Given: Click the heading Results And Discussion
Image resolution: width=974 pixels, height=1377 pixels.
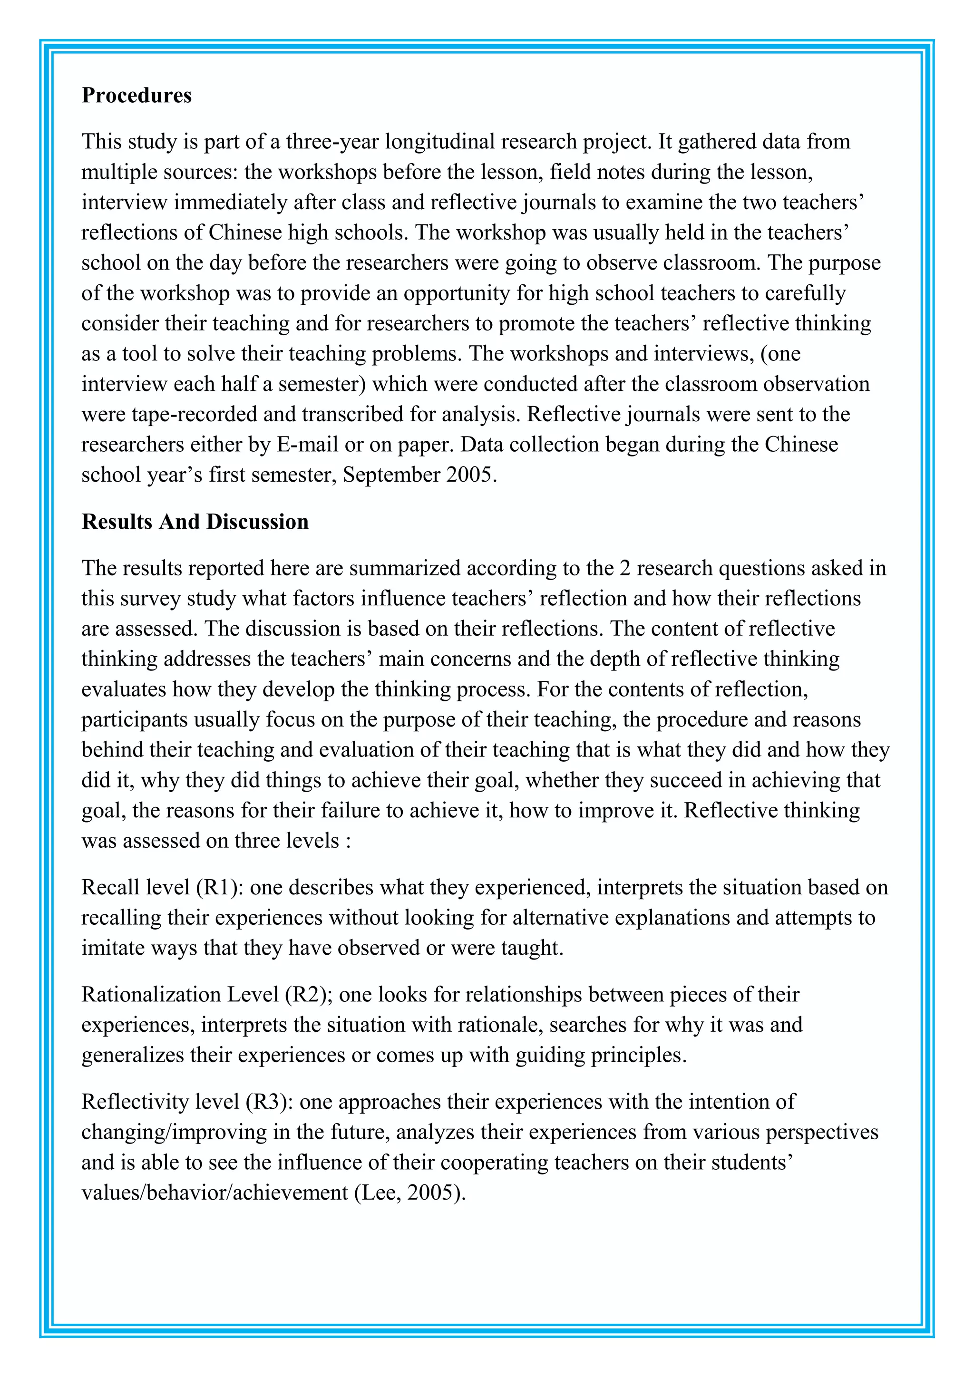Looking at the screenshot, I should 195,522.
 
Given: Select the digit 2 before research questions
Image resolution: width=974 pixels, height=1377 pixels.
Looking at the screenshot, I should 625,568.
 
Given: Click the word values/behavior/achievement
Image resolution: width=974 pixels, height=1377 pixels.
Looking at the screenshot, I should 214,1193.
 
